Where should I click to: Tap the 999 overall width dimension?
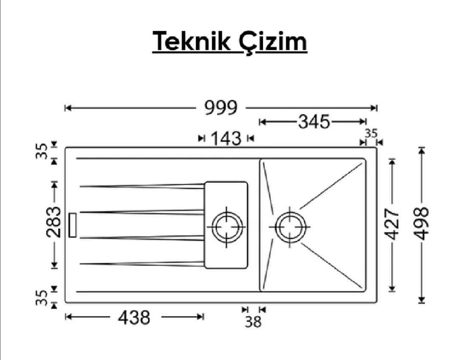tap(221, 108)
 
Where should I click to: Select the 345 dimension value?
tap(314, 122)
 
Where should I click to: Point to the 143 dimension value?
tap(226, 139)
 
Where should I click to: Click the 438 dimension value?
tap(134, 317)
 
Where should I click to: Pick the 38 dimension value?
tap(253, 322)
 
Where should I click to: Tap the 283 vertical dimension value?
tap(54, 222)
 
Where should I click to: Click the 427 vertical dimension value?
tap(392, 224)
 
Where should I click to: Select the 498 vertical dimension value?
tap(422, 224)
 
